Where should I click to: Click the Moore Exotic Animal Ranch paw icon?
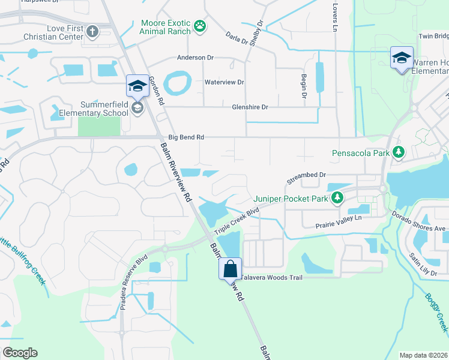(199, 26)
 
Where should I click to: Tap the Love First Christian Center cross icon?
(92, 31)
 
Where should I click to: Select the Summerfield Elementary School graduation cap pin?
(137, 87)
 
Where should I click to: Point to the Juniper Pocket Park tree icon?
(338, 198)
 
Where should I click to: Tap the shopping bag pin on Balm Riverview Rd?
(231, 269)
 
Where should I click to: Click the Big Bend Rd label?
(186, 137)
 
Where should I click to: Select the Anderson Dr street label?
(194, 58)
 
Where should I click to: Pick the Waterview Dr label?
(224, 82)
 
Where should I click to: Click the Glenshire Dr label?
(250, 107)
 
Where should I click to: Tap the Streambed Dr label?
(306, 176)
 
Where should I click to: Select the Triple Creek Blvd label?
(237, 221)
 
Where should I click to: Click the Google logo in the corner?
(20, 352)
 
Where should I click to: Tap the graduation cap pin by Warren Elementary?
(402, 58)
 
